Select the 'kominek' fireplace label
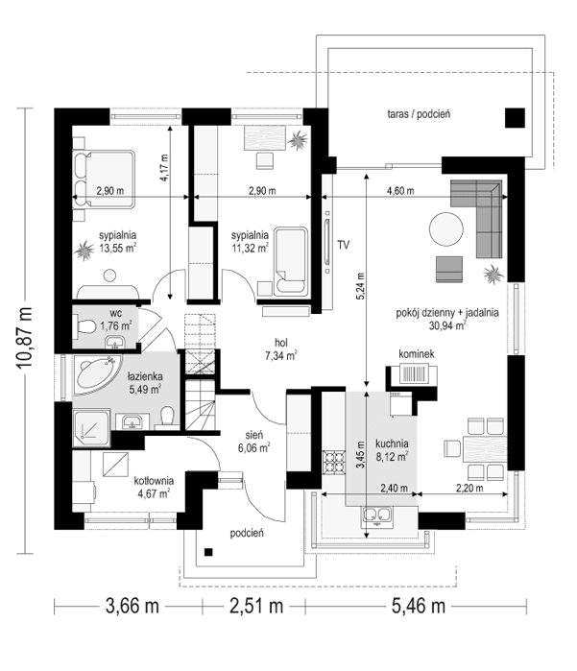[x=419, y=355]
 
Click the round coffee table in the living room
[x=445, y=229]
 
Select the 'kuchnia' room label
[x=394, y=443]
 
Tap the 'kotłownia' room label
[x=153, y=480]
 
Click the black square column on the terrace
[x=516, y=118]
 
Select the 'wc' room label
[x=114, y=313]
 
